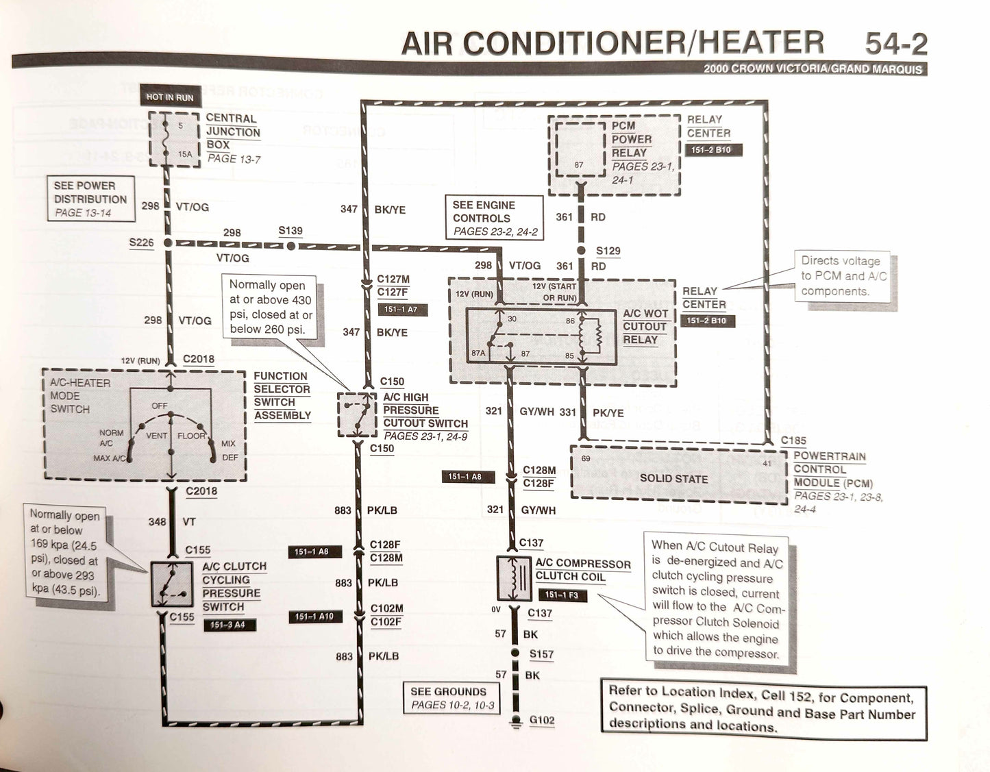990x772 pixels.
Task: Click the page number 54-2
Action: pos(895,44)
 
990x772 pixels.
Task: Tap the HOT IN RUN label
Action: pos(169,97)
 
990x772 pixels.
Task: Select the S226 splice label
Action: pos(141,242)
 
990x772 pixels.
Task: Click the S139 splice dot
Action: pos(291,245)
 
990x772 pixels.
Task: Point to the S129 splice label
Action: pos(608,251)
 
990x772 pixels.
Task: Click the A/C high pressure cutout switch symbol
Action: pos(356,414)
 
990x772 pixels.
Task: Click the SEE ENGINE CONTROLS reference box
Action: pos(493,218)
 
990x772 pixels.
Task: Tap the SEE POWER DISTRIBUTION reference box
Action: pos(90,199)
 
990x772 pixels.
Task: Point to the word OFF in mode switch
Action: pos(160,406)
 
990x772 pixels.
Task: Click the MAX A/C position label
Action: pos(110,458)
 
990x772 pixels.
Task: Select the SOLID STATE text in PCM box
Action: pos(673,478)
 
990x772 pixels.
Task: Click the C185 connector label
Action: pos(793,440)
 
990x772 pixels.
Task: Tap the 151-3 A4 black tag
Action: pos(227,625)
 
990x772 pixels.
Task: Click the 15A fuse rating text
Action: pos(185,154)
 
